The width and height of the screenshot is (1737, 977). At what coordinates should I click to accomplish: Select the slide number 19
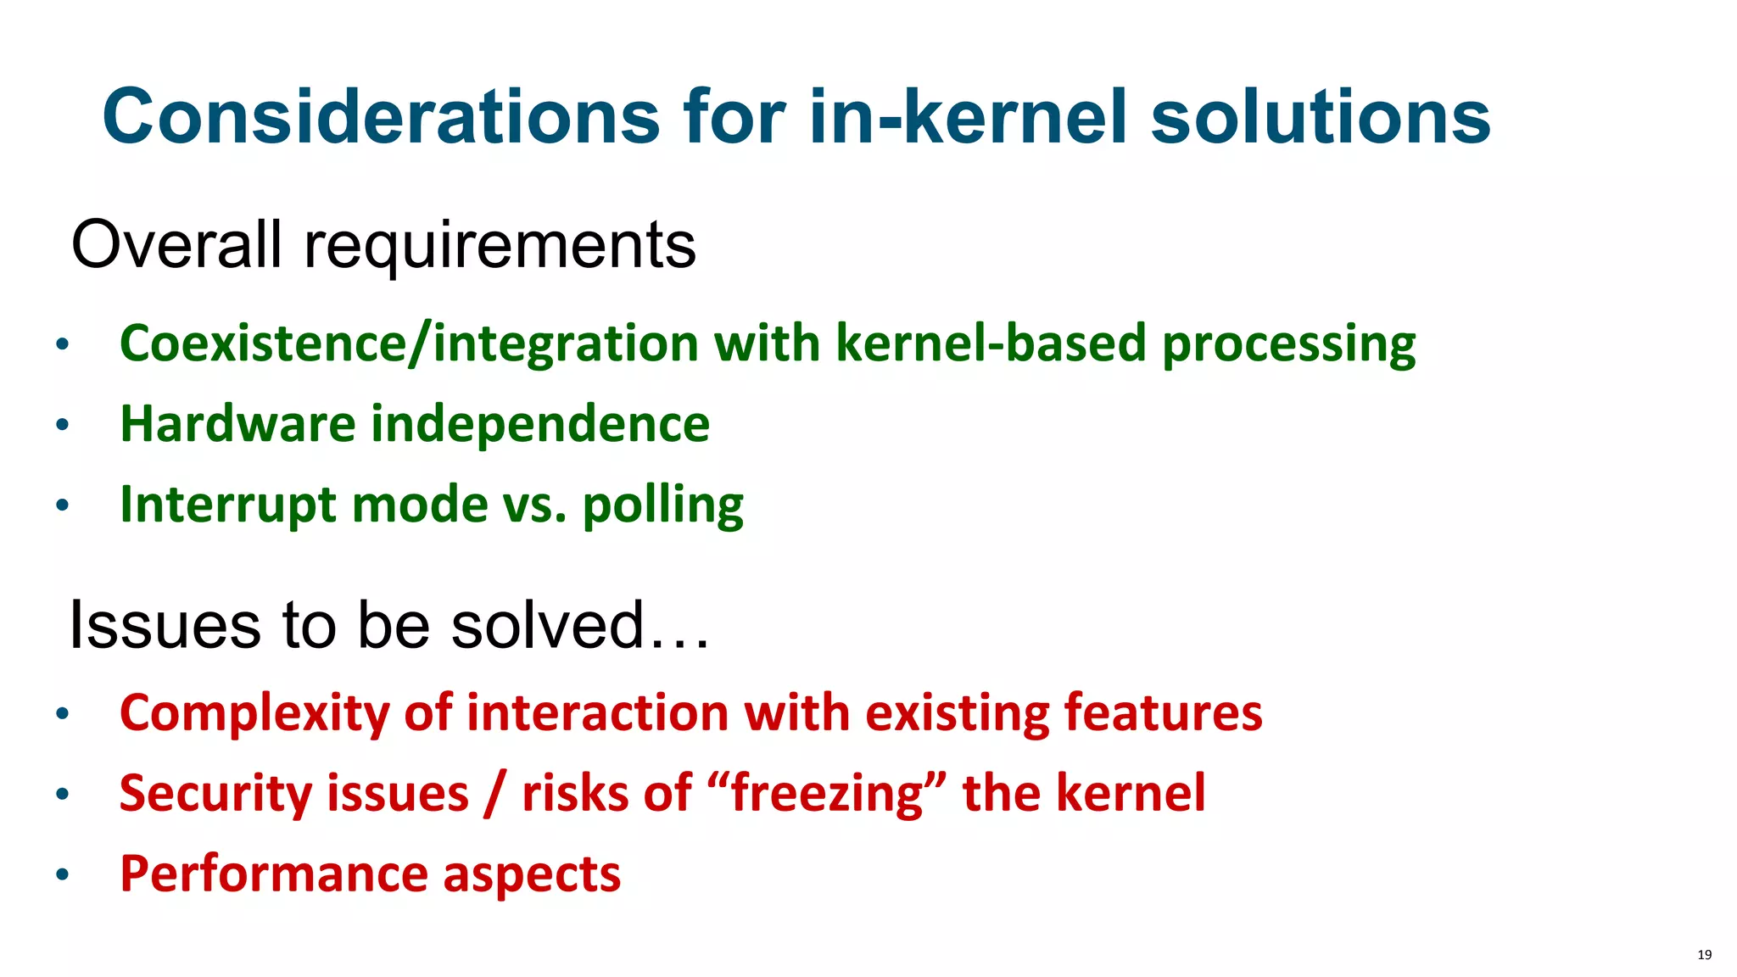pyautogui.click(x=1704, y=955)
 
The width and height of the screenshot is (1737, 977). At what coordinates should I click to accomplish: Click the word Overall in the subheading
pyautogui.click(x=176, y=244)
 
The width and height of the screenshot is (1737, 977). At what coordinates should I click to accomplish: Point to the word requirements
pyautogui.click(x=500, y=246)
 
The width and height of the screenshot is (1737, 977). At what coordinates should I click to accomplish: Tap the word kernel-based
pyautogui.click(x=991, y=343)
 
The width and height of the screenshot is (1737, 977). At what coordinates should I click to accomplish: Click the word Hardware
pyautogui.click(x=237, y=423)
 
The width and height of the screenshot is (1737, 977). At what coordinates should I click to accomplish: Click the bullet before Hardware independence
pyautogui.click(x=62, y=425)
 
